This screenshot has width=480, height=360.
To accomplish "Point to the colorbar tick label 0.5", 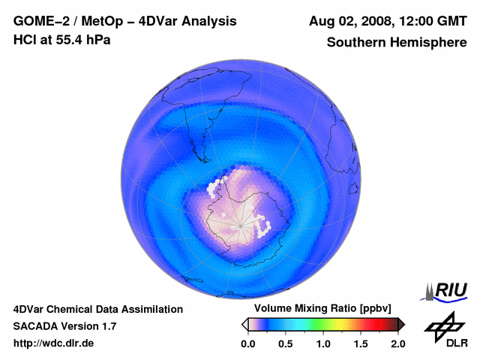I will pos(285,343).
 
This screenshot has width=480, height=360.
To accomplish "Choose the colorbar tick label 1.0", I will pos(323,343).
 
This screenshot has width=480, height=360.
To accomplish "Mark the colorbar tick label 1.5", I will pos(361,343).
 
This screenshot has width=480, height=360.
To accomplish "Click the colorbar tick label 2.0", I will pos(397,343).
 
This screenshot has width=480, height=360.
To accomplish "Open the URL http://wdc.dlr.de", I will pos(54,343).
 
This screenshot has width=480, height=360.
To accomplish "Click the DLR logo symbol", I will pos(440,324).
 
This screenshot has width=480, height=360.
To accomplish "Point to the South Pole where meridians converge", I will pos(240,224).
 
